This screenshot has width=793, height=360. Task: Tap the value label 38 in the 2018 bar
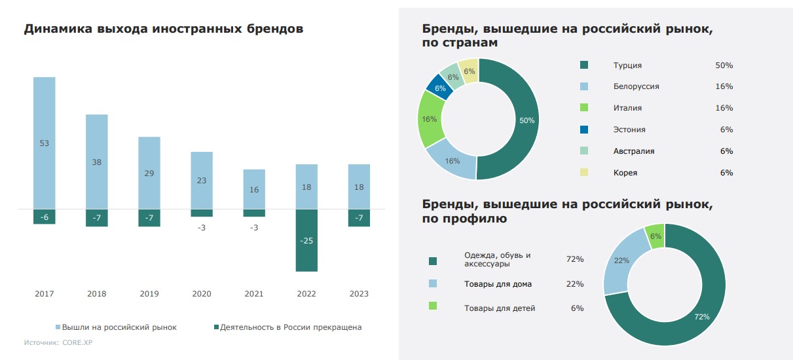96,162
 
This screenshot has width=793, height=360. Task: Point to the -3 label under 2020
202,228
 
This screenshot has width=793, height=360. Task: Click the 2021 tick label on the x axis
254,294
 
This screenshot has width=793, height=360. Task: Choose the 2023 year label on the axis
359,294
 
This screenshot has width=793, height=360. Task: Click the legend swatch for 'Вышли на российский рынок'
58,327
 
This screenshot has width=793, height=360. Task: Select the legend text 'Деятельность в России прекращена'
291,327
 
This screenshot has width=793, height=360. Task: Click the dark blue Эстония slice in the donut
439,86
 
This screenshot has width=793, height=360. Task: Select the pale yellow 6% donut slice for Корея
470,71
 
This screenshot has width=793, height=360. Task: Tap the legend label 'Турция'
627,65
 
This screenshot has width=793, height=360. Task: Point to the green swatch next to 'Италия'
584,108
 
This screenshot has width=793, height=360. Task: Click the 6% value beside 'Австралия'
726,151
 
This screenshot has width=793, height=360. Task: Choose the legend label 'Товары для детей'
500,308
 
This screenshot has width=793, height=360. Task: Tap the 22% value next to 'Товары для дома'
575,284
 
